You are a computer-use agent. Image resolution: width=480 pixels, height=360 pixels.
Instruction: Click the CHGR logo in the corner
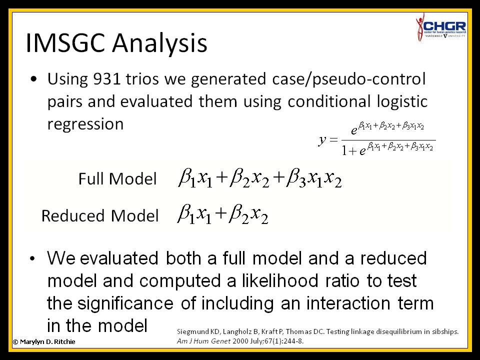coord(441,27)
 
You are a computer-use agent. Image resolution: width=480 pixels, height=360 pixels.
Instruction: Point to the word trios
coord(142,79)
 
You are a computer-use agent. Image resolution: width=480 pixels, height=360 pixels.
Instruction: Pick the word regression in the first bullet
coord(85,124)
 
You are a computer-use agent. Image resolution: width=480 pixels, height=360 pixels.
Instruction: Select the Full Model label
coord(117,179)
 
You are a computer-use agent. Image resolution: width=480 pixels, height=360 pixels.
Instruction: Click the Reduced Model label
coord(100,215)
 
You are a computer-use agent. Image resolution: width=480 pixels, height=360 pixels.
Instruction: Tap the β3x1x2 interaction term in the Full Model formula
coord(314,179)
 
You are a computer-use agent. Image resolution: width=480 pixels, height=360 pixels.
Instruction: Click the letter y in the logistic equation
coord(322,140)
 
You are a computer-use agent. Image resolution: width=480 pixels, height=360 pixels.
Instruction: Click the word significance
coord(125,303)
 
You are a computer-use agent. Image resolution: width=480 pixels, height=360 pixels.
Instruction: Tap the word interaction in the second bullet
coord(348,303)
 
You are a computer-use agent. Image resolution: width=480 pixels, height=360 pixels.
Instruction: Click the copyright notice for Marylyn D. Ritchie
coord(44,341)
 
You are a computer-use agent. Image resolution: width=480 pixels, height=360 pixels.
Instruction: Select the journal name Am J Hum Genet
coord(203,341)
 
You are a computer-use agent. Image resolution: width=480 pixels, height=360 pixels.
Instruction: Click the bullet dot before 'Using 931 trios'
coord(33,79)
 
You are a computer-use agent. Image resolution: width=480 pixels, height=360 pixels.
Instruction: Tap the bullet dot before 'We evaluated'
coord(33,258)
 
